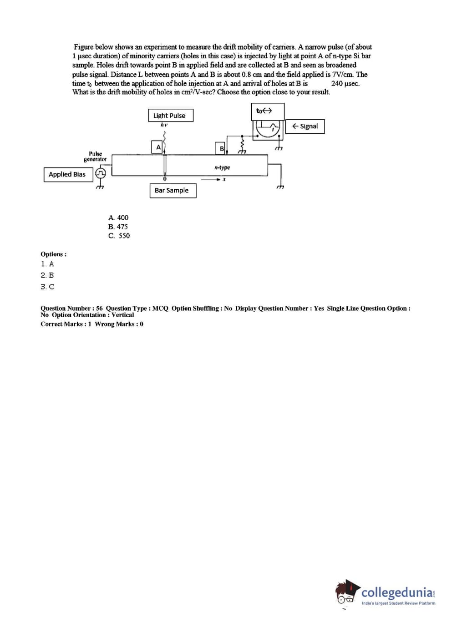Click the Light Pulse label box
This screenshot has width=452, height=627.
[x=171, y=115]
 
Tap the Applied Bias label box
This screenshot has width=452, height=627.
[x=68, y=175]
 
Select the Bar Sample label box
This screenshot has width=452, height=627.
[x=173, y=191]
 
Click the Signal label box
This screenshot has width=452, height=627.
[x=305, y=126]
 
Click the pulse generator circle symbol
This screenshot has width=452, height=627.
[x=101, y=173]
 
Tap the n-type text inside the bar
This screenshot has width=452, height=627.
[x=222, y=167]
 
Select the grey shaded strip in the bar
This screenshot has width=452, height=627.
[x=165, y=166]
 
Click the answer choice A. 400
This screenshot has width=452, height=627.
[x=118, y=217]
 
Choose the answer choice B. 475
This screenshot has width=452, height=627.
[x=118, y=227]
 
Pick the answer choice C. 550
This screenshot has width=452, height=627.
[x=119, y=236]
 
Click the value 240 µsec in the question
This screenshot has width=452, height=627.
[x=345, y=83]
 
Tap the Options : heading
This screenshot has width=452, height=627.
[x=54, y=254]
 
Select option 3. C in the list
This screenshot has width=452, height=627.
[x=48, y=287]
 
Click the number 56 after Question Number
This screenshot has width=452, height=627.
[x=99, y=308]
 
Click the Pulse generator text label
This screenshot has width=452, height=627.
[x=95, y=157]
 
